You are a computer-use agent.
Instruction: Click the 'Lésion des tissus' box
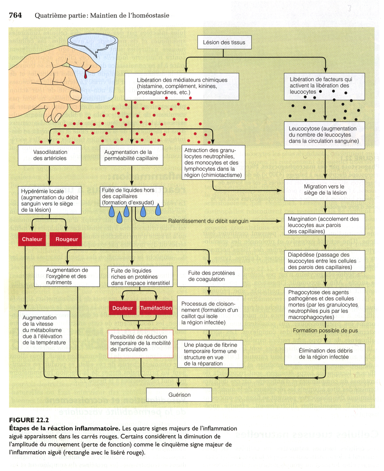coord(224,42)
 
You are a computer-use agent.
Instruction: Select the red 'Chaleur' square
coord(32,239)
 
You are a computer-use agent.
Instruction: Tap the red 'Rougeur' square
coord(67,239)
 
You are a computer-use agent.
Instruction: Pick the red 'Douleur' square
coord(123,308)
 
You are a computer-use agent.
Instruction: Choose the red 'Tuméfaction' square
coord(156,308)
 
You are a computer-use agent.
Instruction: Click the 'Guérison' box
coord(179,395)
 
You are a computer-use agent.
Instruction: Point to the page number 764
coord(15,15)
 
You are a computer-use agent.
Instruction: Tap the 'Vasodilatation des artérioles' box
coord(50,155)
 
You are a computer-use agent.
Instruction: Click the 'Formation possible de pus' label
coord(325,331)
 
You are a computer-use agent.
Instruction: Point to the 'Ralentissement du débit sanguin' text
coord(208,221)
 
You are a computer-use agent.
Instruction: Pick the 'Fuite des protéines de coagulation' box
coord(210,276)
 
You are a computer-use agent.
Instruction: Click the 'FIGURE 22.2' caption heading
coord(29,420)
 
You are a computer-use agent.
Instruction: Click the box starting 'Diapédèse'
coord(324,261)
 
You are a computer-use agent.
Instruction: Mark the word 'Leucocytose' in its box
coord(304,129)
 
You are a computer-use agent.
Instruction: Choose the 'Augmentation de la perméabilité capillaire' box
coord(131,155)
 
